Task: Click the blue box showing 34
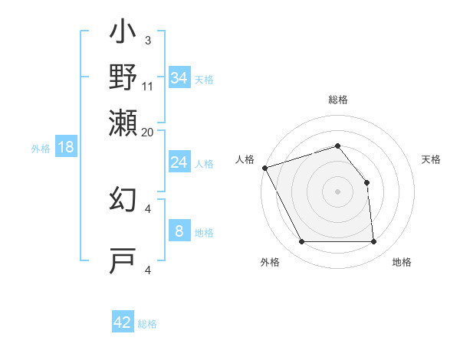[179, 77]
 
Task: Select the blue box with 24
[179, 162]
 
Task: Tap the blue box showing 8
[179, 231]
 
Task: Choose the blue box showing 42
[123, 322]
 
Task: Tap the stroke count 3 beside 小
[148, 41]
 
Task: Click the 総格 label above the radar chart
[337, 100]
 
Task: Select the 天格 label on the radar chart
[431, 159]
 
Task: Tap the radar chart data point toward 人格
[264, 168]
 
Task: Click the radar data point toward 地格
[373, 242]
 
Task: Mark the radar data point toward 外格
[301, 242]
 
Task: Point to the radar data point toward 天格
[366, 182]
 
